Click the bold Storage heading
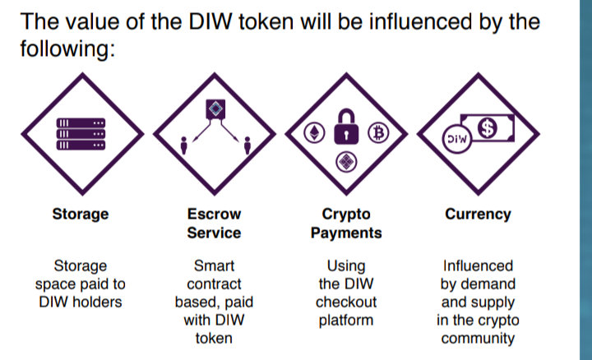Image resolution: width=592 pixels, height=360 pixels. click(x=81, y=214)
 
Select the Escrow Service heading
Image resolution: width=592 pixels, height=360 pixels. click(x=214, y=224)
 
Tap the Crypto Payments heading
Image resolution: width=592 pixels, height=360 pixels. click(x=346, y=224)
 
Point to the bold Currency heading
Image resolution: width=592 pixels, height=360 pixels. click(x=478, y=214)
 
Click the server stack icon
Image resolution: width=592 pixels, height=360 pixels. click(x=81, y=134)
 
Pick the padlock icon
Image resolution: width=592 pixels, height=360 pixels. click(x=346, y=127)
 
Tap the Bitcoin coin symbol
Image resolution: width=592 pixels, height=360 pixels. click(x=378, y=132)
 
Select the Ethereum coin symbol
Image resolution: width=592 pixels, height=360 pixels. click(x=314, y=132)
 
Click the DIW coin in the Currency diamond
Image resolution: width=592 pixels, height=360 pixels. click(x=457, y=139)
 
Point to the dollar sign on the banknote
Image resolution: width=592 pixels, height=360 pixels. click(x=488, y=127)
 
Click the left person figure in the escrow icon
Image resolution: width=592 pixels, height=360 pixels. click(x=184, y=145)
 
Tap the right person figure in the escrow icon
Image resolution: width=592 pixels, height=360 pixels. click(x=247, y=145)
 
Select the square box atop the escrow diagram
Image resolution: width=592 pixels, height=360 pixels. click(x=215, y=109)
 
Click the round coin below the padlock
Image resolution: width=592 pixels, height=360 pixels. click(x=346, y=162)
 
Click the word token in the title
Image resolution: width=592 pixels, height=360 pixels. click(x=266, y=21)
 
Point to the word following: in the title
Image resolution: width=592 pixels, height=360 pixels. click(x=67, y=49)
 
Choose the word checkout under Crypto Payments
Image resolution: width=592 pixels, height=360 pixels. click(x=346, y=302)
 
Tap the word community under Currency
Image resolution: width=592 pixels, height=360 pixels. click(x=478, y=338)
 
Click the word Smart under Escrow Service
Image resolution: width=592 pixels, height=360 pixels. click(x=214, y=265)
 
